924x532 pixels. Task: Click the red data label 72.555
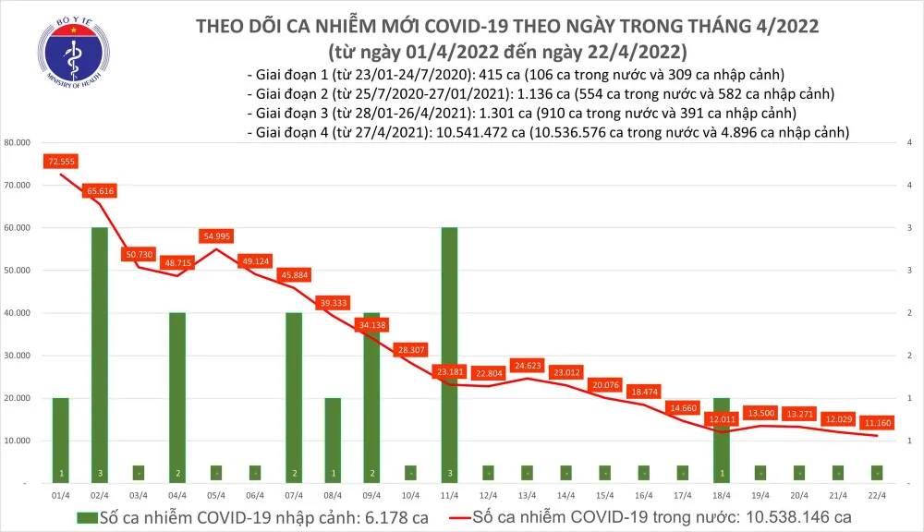pyautogui.click(x=59, y=162)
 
